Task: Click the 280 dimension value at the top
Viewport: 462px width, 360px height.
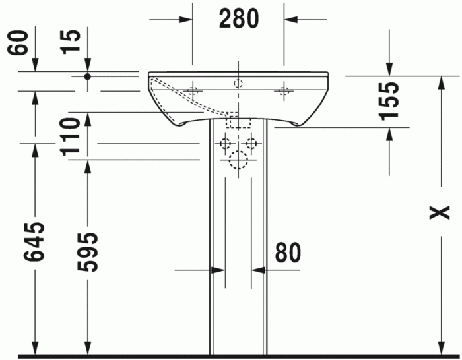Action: point(238,19)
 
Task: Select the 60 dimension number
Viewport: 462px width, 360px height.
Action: point(20,43)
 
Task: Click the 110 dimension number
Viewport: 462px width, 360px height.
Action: point(72,135)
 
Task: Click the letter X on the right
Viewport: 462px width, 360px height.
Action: point(439,213)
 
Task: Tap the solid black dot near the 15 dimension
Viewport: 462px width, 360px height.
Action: point(87,76)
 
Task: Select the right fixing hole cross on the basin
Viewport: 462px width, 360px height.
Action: point(284,91)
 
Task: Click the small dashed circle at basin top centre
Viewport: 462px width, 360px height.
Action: point(238,83)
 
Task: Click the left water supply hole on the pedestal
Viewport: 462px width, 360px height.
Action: point(225,142)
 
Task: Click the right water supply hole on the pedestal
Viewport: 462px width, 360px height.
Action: point(251,142)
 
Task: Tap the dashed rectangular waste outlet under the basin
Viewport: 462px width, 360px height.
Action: point(238,121)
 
